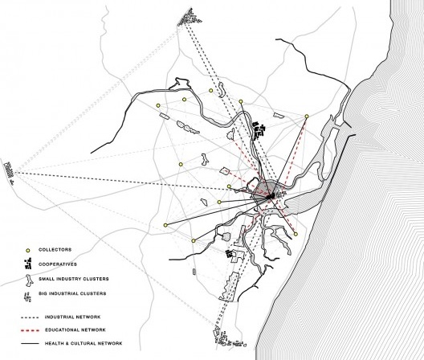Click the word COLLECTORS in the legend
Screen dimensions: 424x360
coord(55,250)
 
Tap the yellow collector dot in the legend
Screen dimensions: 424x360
coord(27,251)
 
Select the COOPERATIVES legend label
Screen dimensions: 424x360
coord(58,264)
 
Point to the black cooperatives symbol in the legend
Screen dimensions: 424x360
coord(28,264)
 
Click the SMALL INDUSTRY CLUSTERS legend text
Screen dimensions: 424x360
coord(74,279)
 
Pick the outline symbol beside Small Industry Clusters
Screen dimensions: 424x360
coord(29,280)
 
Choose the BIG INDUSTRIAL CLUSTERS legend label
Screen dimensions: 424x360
coord(72,293)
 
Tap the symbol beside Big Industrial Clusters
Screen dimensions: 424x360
coord(27,297)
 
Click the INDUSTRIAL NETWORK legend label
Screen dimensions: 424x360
coord(72,317)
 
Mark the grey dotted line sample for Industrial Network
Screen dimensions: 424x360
coord(30,317)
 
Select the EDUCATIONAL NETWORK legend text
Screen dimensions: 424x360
coord(75,330)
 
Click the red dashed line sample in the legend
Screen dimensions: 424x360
coord(30,330)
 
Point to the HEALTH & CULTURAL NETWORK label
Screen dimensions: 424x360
coord(84,343)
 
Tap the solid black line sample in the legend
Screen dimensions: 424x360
coord(30,344)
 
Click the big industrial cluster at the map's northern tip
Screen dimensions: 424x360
coord(190,18)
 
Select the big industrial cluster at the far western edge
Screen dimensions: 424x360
coord(9,170)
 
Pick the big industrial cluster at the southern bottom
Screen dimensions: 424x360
coord(230,337)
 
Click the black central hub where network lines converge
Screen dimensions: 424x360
coord(271,196)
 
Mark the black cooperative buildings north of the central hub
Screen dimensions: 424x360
coord(259,131)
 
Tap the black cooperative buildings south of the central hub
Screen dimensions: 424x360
coord(230,254)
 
